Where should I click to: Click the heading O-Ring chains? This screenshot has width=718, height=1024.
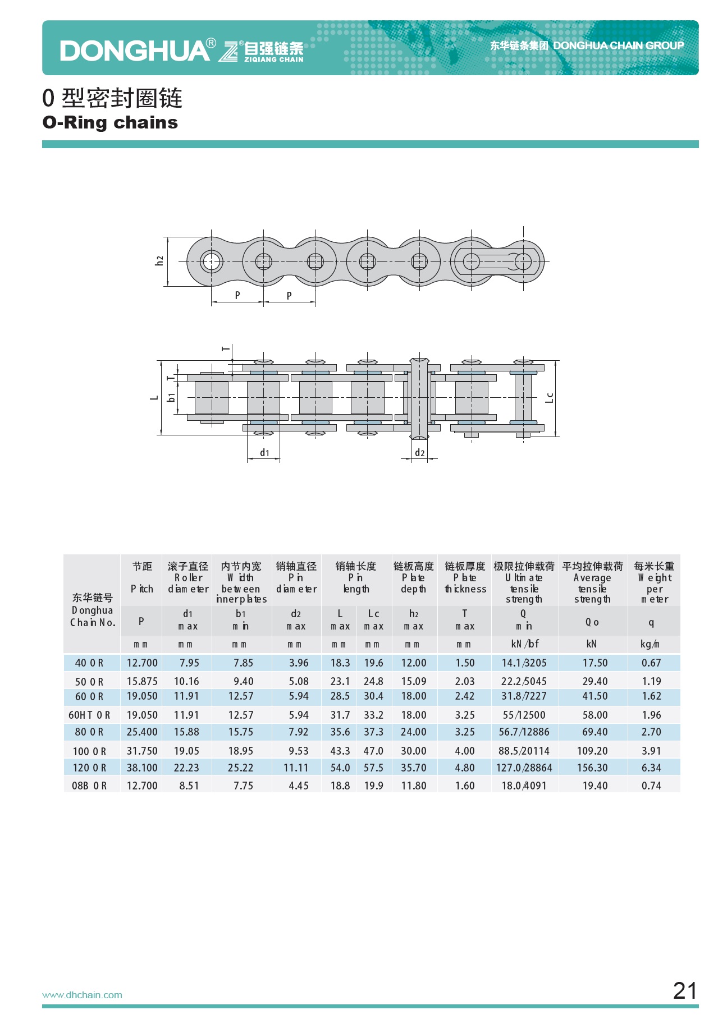[x=110, y=122]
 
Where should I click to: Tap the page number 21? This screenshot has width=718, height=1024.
[x=685, y=991]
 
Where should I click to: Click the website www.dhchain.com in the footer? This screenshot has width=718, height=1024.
[x=82, y=995]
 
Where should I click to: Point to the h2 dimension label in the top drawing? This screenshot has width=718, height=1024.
[x=159, y=261]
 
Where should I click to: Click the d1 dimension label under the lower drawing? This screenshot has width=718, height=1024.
[x=264, y=452]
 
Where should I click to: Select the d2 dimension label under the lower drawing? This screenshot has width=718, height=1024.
[x=419, y=452]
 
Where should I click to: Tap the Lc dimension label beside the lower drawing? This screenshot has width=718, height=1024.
[x=549, y=398]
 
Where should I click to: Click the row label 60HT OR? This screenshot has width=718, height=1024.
[x=89, y=715]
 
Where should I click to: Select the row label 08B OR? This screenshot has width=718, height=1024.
[x=89, y=786]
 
